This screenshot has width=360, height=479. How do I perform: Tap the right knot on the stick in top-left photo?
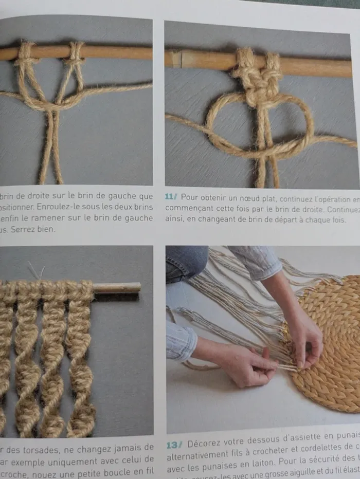coord(75,53)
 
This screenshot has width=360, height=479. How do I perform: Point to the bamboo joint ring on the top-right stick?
coord(176,59)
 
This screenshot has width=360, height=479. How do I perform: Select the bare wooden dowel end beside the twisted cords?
coord(117,288)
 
